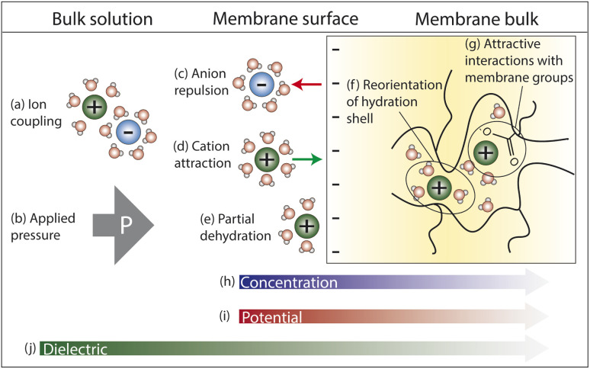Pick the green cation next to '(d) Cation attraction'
click(x=267, y=160)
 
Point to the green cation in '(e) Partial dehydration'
click(x=306, y=226)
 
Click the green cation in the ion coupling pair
click(x=94, y=107)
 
